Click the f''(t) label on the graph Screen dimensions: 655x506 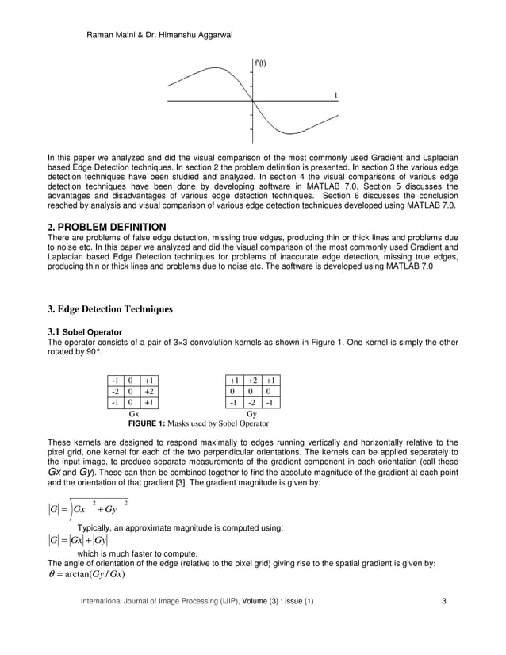click(261, 62)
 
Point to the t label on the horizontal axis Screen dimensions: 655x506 click(336, 96)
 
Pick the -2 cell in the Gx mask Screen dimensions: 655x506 click(116, 391)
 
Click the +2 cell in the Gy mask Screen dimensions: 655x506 click(252, 380)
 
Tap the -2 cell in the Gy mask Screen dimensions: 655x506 click(252, 402)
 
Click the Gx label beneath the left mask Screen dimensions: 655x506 click(136, 413)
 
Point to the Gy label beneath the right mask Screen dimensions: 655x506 click(251, 413)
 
